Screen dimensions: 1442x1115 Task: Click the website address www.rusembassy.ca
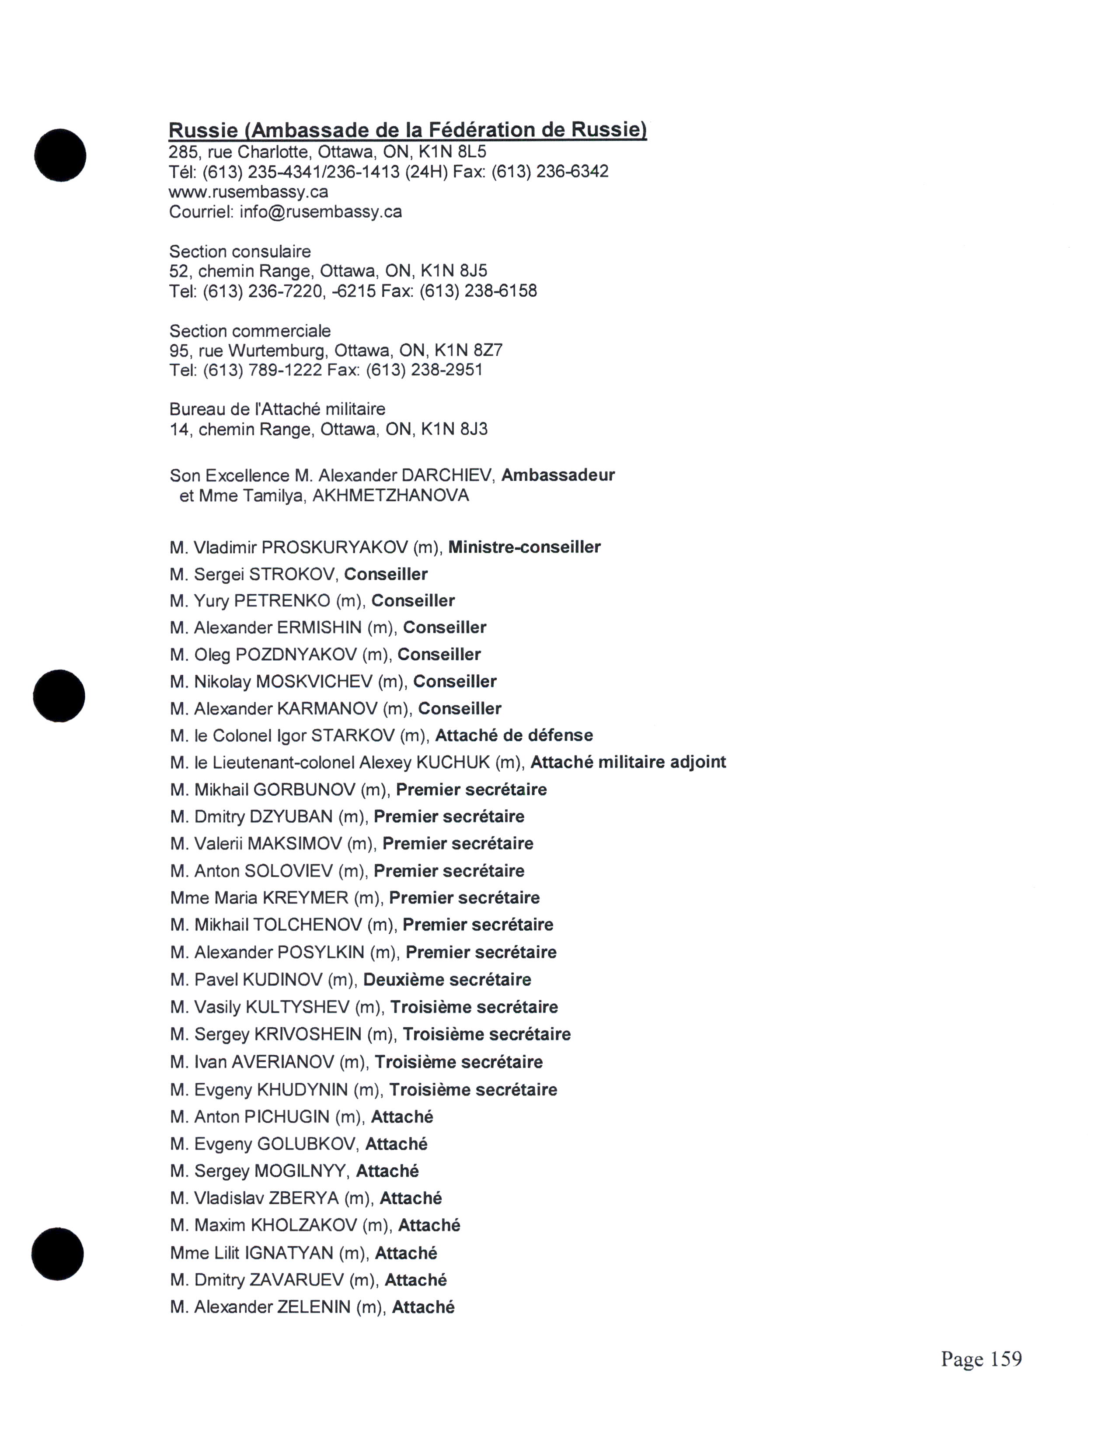248,192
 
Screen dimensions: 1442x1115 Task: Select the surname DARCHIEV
446,475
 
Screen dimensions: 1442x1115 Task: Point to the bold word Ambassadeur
558,475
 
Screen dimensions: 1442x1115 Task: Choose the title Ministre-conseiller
524,548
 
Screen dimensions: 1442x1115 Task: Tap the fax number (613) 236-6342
550,172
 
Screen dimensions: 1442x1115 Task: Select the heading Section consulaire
240,252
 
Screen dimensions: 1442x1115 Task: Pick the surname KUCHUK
453,763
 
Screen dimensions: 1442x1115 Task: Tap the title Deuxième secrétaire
447,980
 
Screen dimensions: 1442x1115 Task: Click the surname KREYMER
305,898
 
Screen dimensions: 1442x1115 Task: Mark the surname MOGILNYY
300,1171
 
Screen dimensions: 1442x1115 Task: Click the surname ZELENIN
314,1307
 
